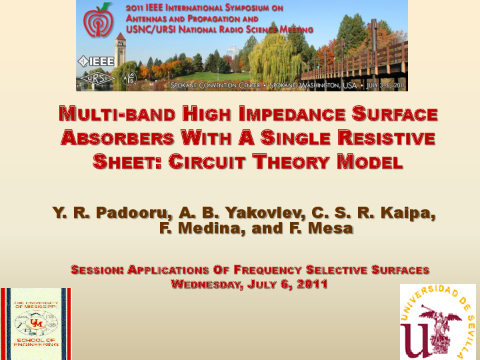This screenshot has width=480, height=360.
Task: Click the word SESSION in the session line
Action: pyautogui.click(x=97, y=270)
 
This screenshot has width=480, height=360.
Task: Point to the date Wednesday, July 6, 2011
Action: pyautogui.click(x=249, y=285)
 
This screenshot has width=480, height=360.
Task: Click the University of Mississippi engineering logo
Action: pyautogui.click(x=36, y=323)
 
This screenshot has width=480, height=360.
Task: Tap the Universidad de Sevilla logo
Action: pyautogui.click(x=437, y=322)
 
